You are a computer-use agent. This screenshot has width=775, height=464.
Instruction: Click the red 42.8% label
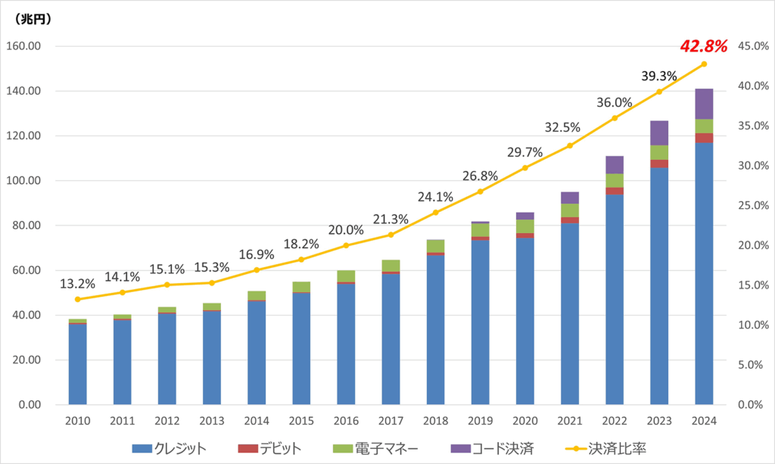[704, 47]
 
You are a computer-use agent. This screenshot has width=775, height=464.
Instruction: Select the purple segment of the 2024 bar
[704, 104]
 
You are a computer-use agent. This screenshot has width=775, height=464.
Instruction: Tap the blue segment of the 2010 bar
[77, 363]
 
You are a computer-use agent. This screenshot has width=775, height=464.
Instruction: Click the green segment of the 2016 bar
[346, 276]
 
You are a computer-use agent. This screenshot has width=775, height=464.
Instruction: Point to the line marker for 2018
[435, 213]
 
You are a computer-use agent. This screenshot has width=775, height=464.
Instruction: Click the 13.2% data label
[78, 285]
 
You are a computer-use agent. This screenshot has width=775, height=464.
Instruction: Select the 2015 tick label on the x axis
[301, 421]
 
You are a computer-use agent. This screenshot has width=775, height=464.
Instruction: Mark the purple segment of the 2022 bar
[615, 164]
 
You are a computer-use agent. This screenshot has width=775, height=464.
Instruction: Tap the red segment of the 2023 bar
[659, 163]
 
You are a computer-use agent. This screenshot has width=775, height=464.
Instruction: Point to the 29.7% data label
[524, 152]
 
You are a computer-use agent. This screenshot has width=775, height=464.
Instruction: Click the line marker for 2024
[704, 64]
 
